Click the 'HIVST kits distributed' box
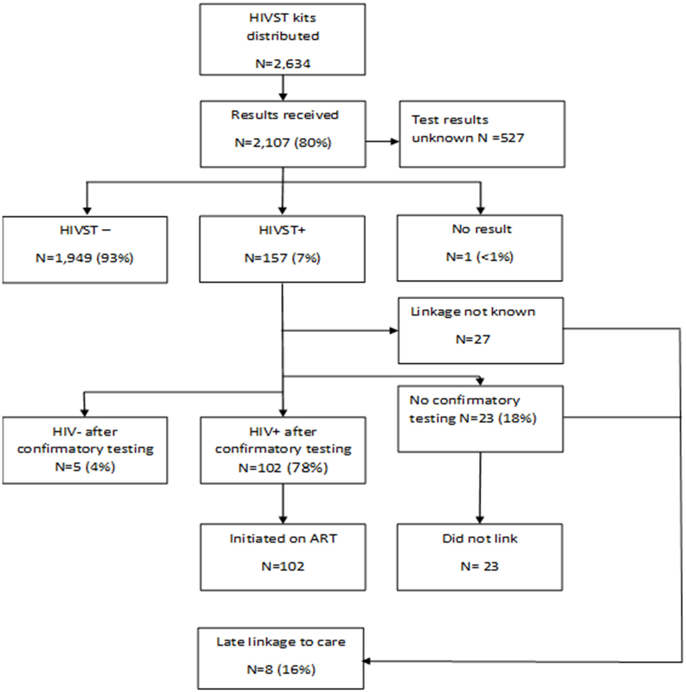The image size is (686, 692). (x=282, y=40)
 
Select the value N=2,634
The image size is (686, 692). (x=283, y=63)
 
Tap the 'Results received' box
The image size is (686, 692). (x=283, y=134)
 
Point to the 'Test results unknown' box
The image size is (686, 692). (x=482, y=134)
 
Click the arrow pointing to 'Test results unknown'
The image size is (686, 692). (x=382, y=141)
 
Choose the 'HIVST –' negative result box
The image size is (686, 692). (x=85, y=249)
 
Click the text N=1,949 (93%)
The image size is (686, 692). (x=85, y=258)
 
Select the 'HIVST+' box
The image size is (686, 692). (x=282, y=249)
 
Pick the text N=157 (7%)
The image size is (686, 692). (x=282, y=258)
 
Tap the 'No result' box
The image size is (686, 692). (x=480, y=248)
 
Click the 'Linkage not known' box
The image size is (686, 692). (x=481, y=331)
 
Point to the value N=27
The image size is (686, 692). (x=473, y=339)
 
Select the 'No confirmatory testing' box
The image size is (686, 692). (x=480, y=419)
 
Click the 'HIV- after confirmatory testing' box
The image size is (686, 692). (x=85, y=450)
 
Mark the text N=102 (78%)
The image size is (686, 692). (x=283, y=468)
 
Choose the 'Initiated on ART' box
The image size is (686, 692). (x=283, y=557)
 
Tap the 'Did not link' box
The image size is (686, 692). (x=480, y=557)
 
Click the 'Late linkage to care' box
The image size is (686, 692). (x=281, y=658)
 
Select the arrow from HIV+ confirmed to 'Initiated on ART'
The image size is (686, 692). (x=283, y=503)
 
